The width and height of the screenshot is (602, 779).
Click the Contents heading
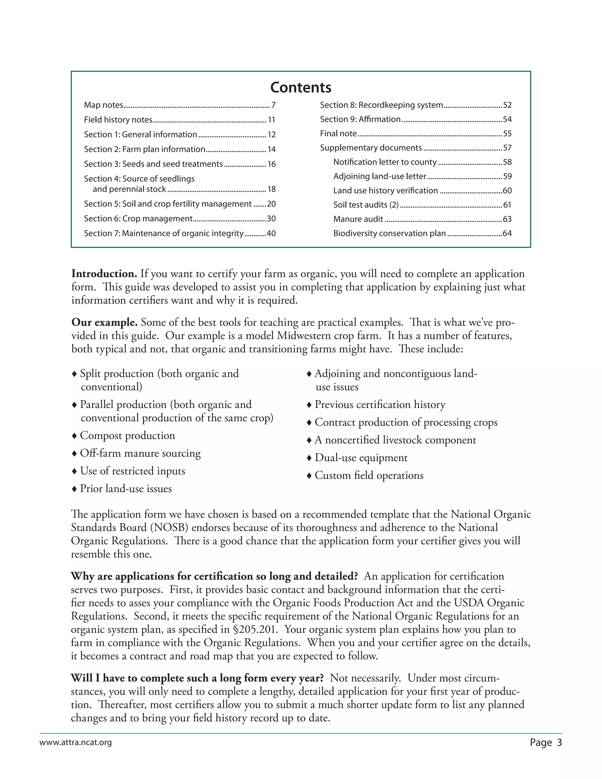coord(301,87)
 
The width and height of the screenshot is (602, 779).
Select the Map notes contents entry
coord(103,105)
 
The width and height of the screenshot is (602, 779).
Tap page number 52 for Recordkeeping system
coord(507,105)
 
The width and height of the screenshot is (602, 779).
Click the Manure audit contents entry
coord(358,219)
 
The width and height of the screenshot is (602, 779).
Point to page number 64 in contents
coord(507,234)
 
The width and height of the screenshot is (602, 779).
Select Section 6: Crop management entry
coord(138,219)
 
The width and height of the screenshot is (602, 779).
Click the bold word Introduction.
coord(104,274)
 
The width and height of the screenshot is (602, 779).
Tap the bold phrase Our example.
coord(104,322)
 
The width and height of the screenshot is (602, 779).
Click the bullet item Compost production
coord(127,436)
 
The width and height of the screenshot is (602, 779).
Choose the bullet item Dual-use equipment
coord(361,458)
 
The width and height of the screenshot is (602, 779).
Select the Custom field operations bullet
coord(369,475)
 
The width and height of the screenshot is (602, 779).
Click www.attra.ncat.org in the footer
coord(76,743)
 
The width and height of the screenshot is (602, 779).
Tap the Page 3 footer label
coord(546,743)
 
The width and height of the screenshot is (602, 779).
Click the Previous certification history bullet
coord(380,404)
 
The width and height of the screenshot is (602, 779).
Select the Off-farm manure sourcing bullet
coord(140,453)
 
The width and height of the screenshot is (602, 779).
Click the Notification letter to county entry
coord(385,162)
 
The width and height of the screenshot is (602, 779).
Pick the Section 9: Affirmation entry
coord(360,119)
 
